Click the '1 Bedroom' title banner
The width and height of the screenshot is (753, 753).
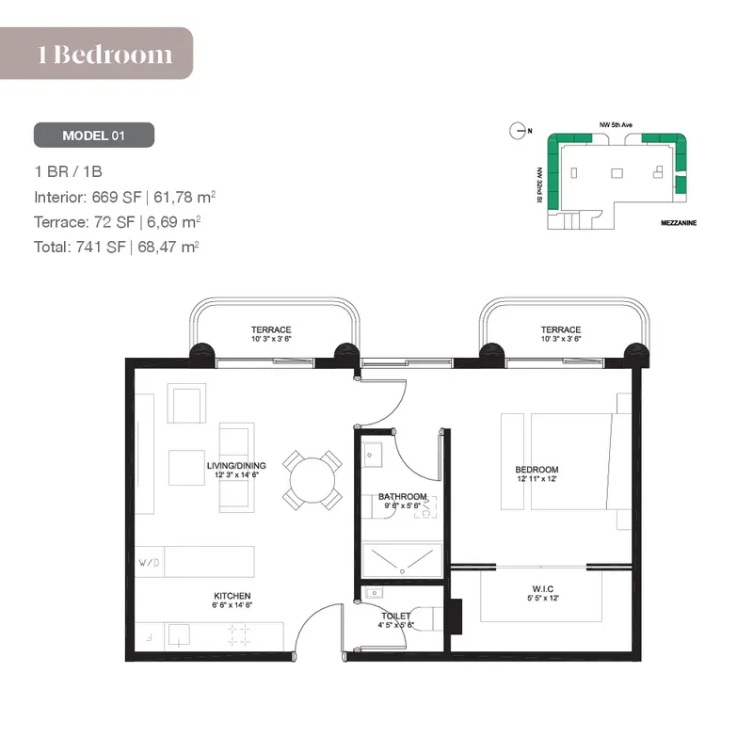click(105, 54)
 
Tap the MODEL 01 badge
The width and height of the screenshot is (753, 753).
click(94, 136)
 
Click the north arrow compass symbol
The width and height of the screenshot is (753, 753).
click(517, 132)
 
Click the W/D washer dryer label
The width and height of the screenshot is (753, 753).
click(149, 563)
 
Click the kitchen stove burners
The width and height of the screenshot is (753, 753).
click(239, 633)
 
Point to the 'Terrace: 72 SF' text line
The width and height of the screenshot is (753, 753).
click(118, 222)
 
